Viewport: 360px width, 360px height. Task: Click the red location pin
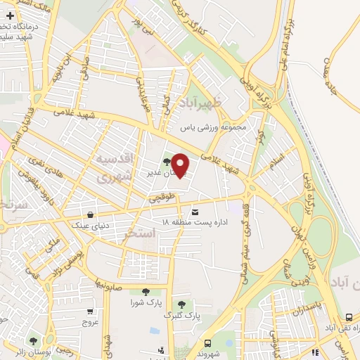(x=180, y=165)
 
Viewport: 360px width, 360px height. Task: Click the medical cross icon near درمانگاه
(x=10, y=15)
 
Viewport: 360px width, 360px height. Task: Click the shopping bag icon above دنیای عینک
(x=90, y=215)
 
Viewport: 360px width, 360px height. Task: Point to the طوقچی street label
(x=160, y=200)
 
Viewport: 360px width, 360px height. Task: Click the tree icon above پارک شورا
(x=146, y=292)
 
